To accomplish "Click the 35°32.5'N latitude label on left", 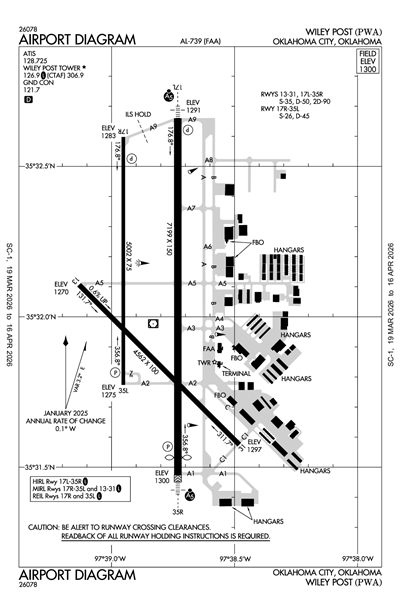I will point(48,166).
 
